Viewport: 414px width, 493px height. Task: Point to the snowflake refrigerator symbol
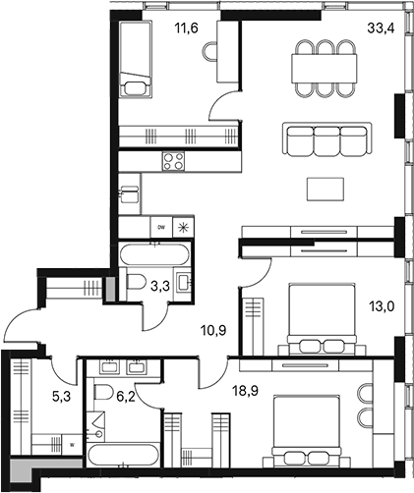pos(183,226)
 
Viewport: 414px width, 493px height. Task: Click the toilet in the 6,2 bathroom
pos(103,395)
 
